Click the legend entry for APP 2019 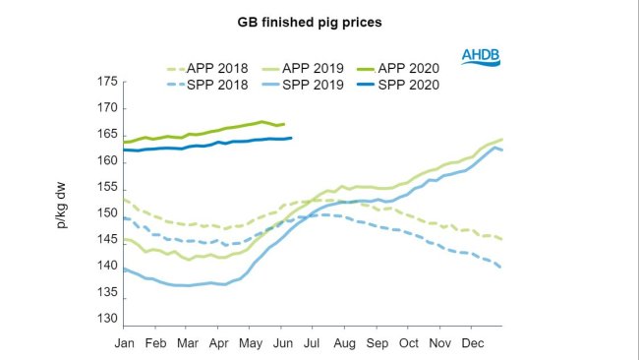[309, 69]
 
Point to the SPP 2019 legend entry [309, 85]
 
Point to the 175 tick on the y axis [105, 82]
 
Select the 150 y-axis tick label [105, 214]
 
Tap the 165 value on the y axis [105, 135]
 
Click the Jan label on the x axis [125, 344]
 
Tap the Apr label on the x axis [217, 344]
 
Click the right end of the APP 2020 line [284, 124]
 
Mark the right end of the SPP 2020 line [292, 138]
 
